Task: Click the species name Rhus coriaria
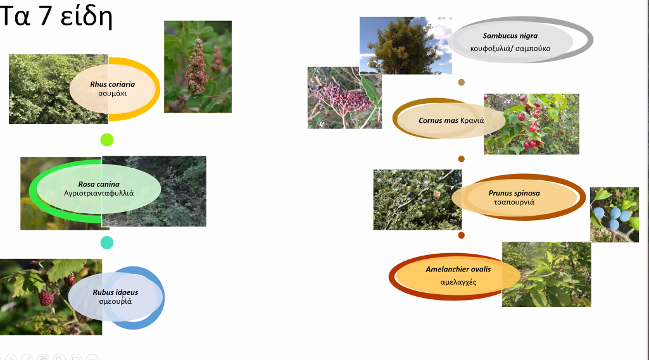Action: [113, 84]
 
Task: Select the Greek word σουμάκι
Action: [113, 94]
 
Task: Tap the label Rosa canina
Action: [99, 184]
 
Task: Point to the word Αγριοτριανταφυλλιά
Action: [99, 193]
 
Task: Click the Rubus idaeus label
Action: [115, 292]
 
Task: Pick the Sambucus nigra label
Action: [510, 35]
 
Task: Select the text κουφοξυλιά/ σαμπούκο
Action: [510, 49]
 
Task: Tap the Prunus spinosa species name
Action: [514, 193]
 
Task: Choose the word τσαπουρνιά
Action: [514, 202]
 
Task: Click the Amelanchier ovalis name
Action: [458, 270]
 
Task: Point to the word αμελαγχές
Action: [458, 282]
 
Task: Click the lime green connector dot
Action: [107, 140]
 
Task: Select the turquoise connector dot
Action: [107, 242]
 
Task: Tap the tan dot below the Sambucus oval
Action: [462, 82]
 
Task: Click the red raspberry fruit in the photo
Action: [46, 299]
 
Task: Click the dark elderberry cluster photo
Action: [344, 98]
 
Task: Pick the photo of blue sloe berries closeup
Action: [614, 214]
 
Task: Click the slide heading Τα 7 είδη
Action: [56, 16]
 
